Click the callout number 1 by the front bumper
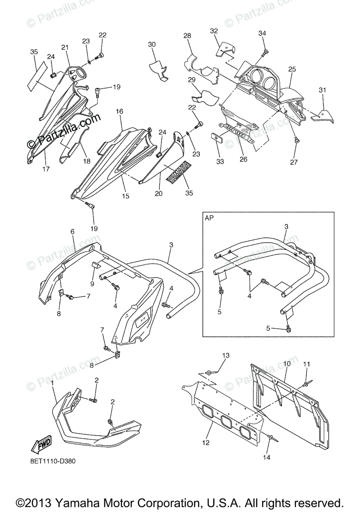53,384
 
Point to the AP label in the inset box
210,218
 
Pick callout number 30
152,44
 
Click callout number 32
214,31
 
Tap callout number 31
322,90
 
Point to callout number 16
119,111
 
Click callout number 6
72,231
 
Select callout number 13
226,355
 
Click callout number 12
206,443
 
